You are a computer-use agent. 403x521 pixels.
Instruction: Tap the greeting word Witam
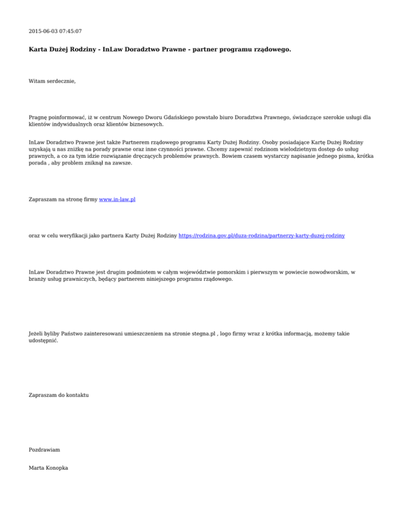[x=37, y=82]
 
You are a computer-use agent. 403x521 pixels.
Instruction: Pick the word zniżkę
[x=79, y=149]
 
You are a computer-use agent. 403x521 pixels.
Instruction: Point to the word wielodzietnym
[x=290, y=149]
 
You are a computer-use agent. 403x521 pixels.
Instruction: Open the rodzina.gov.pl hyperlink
[x=262, y=236]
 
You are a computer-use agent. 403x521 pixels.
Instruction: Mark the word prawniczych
[x=81, y=280]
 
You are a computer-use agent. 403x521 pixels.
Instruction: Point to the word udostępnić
[x=44, y=341]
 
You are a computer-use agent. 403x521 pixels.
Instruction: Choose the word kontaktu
[x=76, y=395]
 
